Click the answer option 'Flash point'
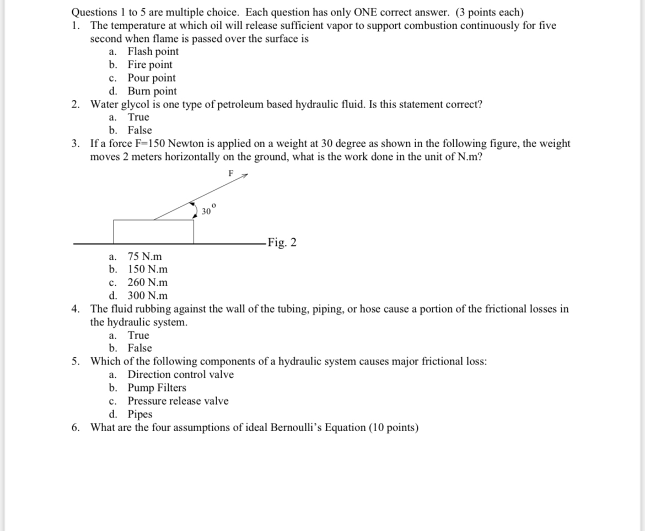pyautogui.click(x=153, y=52)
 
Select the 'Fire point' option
pyautogui.click(x=149, y=65)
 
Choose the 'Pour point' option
pyautogui.click(x=151, y=78)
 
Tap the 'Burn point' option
pyautogui.click(x=152, y=92)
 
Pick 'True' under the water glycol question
pyautogui.click(x=138, y=117)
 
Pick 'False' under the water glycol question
pyautogui.click(x=139, y=131)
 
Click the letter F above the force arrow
pyautogui.click(x=231, y=173)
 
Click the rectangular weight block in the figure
pyautogui.click(x=153, y=231)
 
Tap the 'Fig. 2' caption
pyautogui.click(x=282, y=243)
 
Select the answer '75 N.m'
pyautogui.click(x=144, y=256)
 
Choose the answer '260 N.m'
pyautogui.click(x=148, y=283)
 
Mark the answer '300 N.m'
pyautogui.click(x=148, y=296)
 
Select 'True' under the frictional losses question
pyautogui.click(x=138, y=335)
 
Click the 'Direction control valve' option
pyautogui.click(x=180, y=375)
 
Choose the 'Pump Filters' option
pyautogui.click(x=157, y=388)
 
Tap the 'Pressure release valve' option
pyautogui.click(x=178, y=401)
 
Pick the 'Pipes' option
pyautogui.click(x=139, y=415)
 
